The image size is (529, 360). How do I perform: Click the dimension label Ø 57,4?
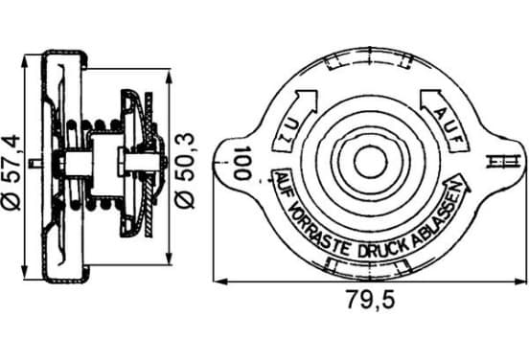pos(11,172)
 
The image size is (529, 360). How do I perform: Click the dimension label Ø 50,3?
pos(185,170)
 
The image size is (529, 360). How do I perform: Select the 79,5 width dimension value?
pos(371,299)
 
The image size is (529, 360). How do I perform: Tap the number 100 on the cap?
pos(242,163)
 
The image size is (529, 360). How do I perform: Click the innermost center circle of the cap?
pos(370,162)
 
